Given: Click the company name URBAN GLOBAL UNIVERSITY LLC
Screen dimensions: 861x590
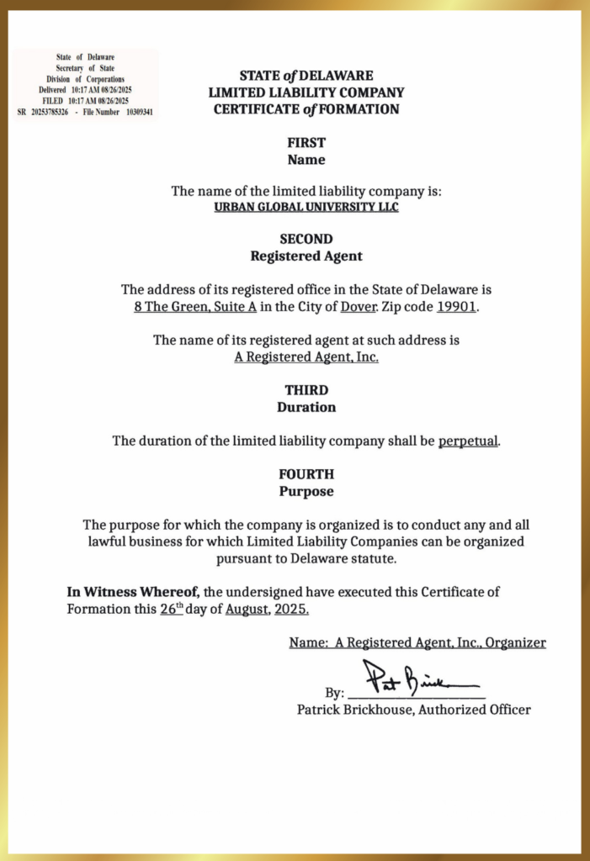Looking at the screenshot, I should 306,207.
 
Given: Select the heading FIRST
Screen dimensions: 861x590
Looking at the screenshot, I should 306,143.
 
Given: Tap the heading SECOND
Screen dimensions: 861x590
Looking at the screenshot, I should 306,239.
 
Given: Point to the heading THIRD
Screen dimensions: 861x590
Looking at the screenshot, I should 306,390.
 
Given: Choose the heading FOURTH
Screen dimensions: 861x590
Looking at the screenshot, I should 306,474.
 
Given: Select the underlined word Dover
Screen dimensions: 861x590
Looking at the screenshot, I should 357,306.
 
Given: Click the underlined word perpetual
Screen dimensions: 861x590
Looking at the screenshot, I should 468,441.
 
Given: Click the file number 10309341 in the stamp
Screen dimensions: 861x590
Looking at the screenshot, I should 139,112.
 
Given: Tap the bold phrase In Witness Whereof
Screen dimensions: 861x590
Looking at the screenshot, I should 133,592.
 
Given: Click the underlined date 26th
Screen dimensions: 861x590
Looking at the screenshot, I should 171,609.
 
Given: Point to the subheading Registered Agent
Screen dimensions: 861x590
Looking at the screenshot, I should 306,256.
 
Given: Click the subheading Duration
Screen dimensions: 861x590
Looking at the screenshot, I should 306,407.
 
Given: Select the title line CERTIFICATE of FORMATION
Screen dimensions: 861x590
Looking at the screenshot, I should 306,109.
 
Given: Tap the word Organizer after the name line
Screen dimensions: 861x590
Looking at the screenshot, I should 514,642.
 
